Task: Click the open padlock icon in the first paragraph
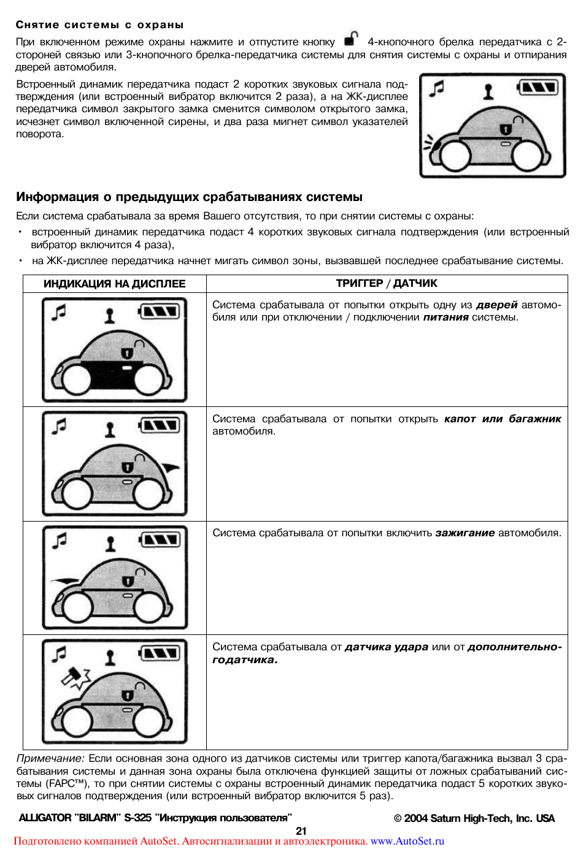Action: click(x=351, y=39)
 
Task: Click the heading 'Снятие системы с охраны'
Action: click(x=99, y=25)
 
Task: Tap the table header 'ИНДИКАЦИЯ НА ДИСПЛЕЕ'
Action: click(x=114, y=284)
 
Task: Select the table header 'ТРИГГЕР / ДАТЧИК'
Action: click(x=387, y=283)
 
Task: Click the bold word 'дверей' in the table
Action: click(x=496, y=305)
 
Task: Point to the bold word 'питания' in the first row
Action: click(x=445, y=317)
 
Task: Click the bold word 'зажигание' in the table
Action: click(x=465, y=533)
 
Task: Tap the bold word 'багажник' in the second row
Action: click(x=534, y=419)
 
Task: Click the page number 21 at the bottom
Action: click(x=301, y=831)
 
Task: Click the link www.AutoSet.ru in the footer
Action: click(x=407, y=842)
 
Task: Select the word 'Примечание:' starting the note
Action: click(x=50, y=759)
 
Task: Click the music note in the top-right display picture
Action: click(x=436, y=89)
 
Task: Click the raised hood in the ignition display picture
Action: click(x=64, y=580)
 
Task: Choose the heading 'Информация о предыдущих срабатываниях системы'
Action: click(x=189, y=197)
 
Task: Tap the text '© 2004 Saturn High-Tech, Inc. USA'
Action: click(x=474, y=818)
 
